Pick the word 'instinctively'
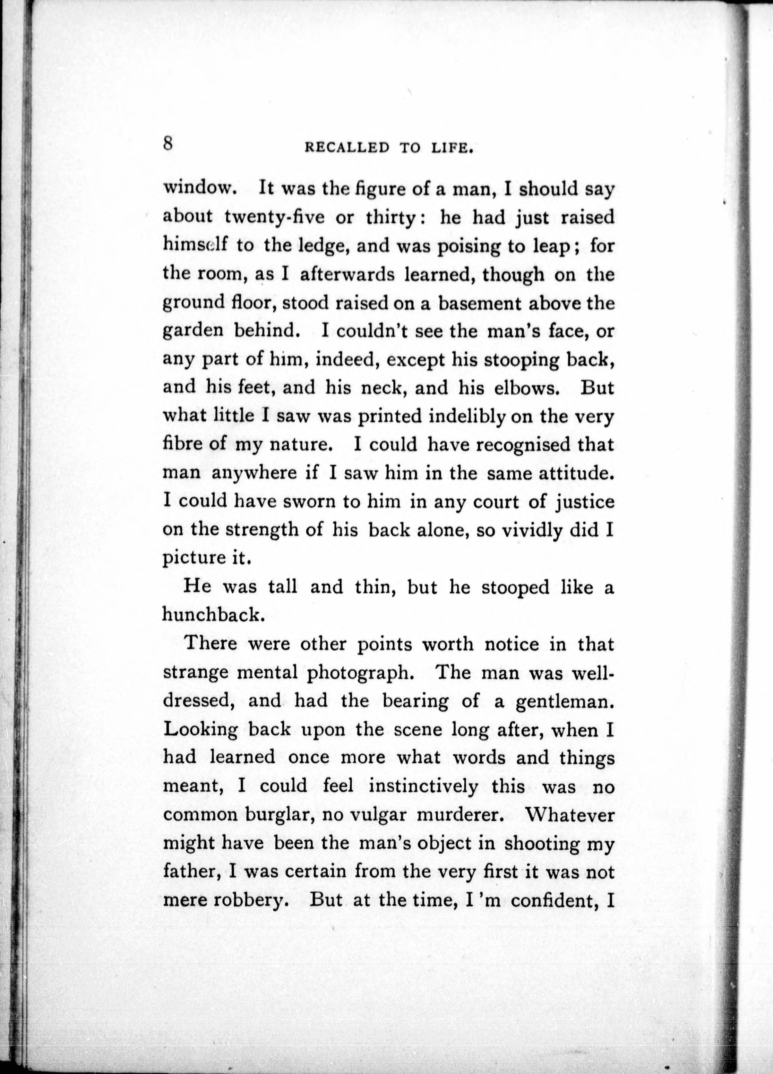[x=423, y=786]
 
